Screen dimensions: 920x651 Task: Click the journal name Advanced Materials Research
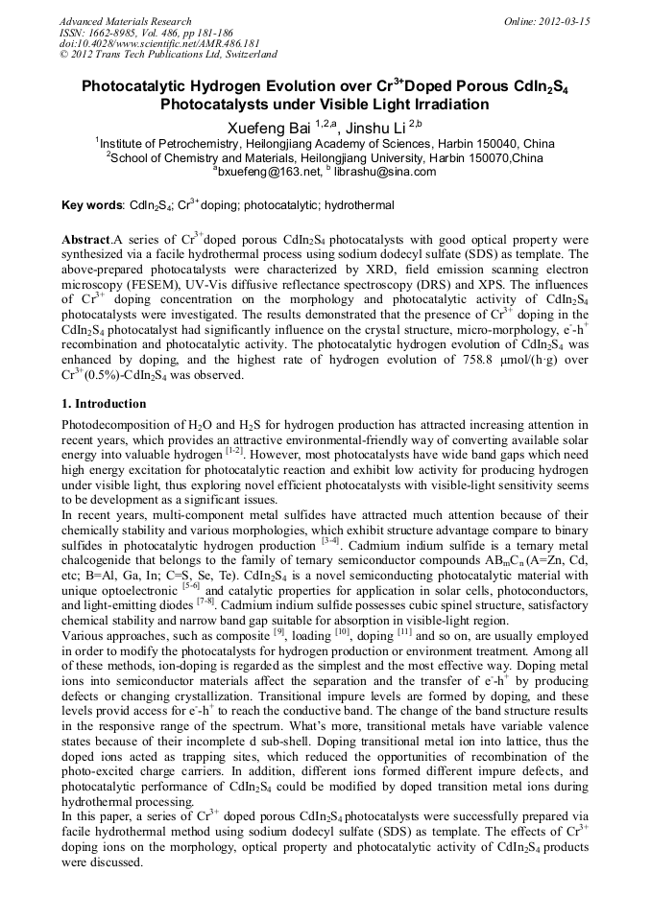coord(125,21)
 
